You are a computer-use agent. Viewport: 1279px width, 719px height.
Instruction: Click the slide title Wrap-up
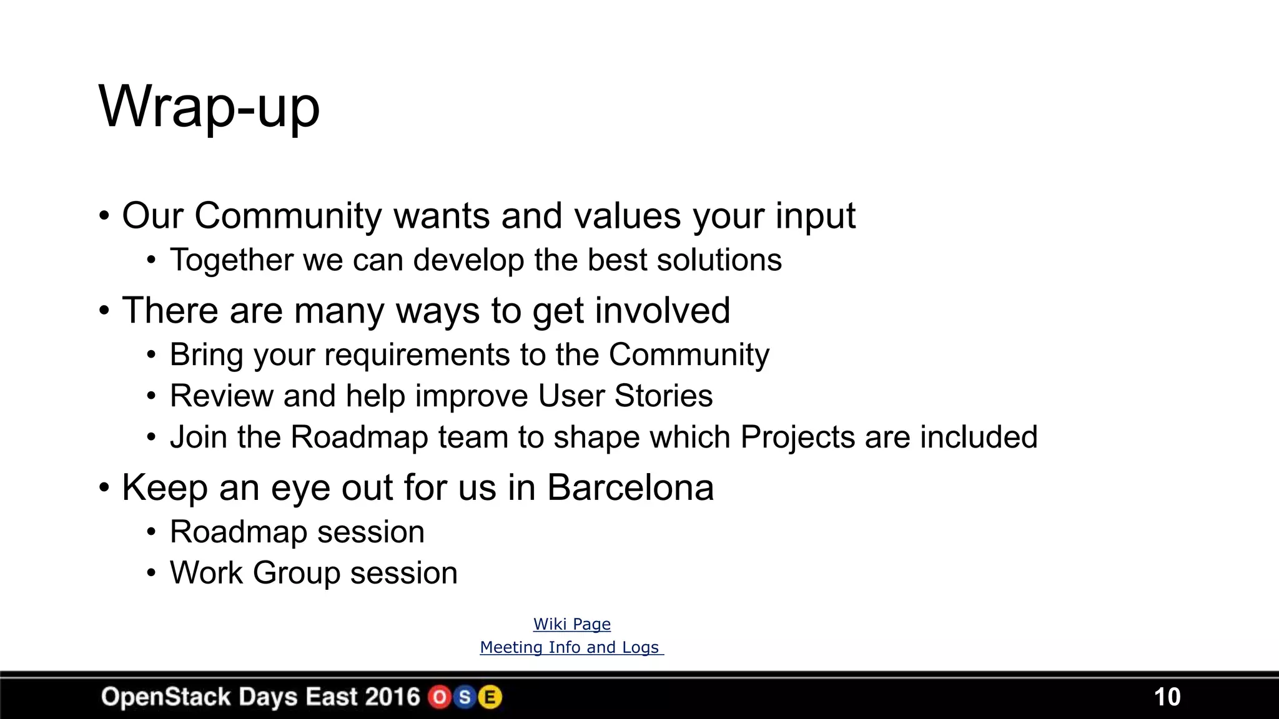(x=209, y=107)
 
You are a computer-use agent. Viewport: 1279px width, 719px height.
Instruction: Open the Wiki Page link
(x=571, y=624)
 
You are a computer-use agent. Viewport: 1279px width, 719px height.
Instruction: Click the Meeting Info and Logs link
(x=571, y=647)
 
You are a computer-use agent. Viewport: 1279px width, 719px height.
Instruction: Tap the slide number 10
(x=1167, y=697)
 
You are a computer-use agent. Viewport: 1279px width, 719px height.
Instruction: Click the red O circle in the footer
(x=440, y=697)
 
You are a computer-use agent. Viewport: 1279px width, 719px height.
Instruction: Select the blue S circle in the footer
(x=465, y=697)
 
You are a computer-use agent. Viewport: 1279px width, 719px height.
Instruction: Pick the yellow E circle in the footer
(x=490, y=697)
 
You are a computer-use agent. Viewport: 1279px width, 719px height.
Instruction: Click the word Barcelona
(x=630, y=487)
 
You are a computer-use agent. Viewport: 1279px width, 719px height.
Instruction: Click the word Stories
(x=663, y=396)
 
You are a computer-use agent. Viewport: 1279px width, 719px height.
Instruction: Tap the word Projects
(x=797, y=437)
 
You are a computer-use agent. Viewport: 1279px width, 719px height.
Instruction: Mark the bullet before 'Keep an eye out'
(x=104, y=487)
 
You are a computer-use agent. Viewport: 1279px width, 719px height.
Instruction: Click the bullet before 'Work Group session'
(x=151, y=573)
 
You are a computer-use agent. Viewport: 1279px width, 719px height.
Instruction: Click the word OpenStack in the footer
(x=165, y=697)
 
